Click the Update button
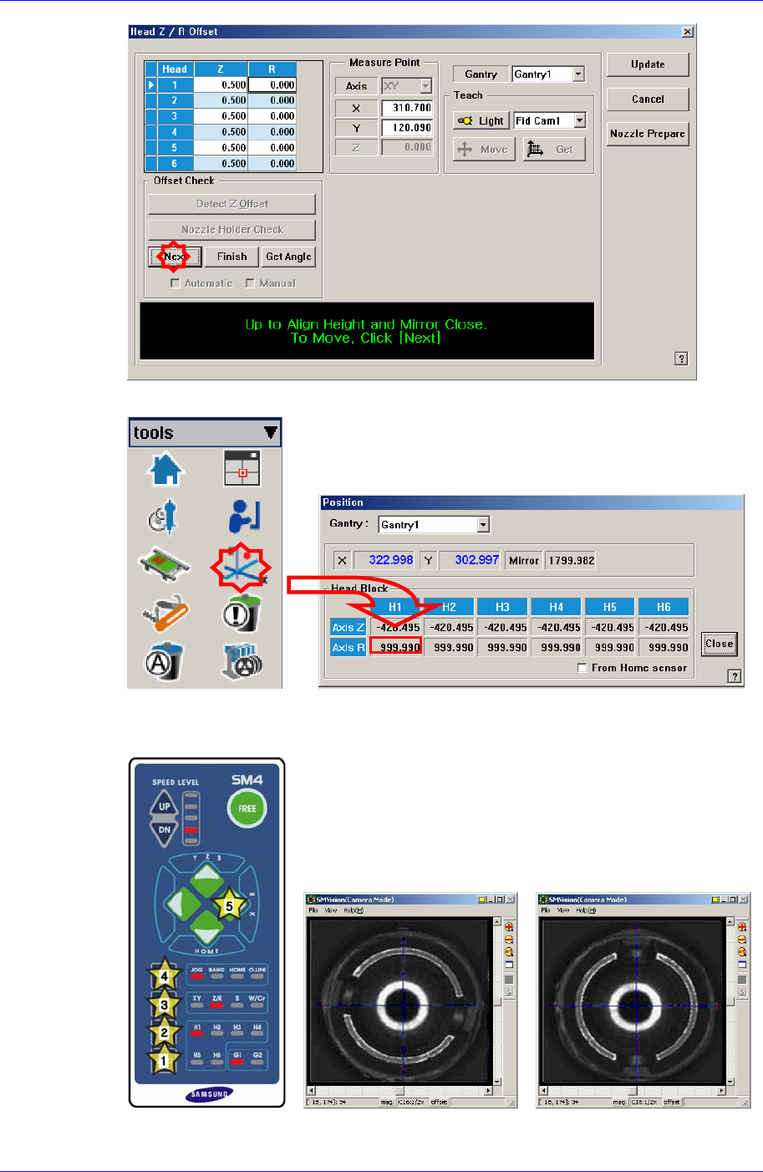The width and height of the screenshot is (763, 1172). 648,64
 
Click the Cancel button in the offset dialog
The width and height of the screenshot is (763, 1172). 648,99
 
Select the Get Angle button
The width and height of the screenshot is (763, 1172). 288,257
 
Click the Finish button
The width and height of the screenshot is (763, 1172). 231,257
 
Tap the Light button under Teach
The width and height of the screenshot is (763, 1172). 481,120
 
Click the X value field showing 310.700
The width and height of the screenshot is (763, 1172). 407,108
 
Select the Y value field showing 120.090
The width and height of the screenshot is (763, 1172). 407,128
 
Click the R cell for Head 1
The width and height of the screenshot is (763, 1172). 272,84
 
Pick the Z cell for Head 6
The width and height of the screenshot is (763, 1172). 221,164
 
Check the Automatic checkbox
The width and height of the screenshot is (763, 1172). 175,283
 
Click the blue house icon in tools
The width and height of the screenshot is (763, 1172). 165,468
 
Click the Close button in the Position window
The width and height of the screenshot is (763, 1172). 719,644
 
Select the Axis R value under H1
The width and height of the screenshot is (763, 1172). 395,647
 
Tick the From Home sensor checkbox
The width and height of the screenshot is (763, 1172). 582,668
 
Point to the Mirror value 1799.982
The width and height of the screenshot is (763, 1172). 570,560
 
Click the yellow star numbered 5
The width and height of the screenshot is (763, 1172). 229,905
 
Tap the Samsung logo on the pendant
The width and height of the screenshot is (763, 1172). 207,1094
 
